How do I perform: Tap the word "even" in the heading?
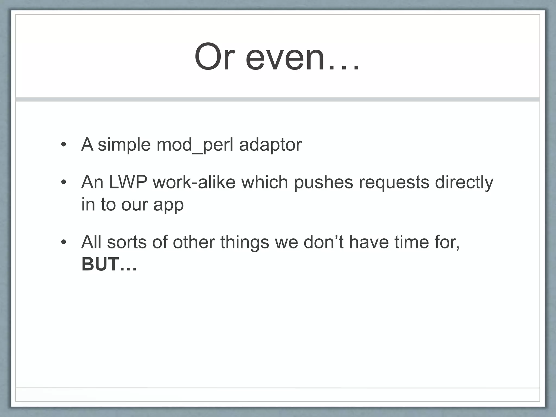285,58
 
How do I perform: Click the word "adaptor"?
270,144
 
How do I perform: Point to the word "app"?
169,205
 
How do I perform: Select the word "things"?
244,242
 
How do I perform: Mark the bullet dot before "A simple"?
64,145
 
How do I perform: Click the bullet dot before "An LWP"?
64,182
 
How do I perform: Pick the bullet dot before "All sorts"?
64,242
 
